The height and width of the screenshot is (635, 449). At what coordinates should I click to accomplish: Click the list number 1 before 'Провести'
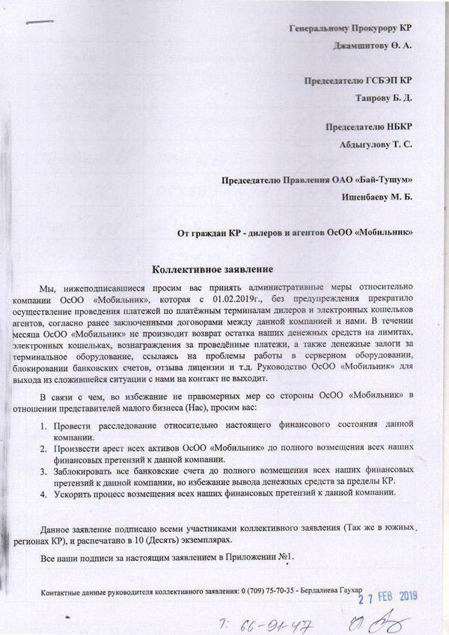44,425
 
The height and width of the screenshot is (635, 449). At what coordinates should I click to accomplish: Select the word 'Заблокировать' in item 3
88,471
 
